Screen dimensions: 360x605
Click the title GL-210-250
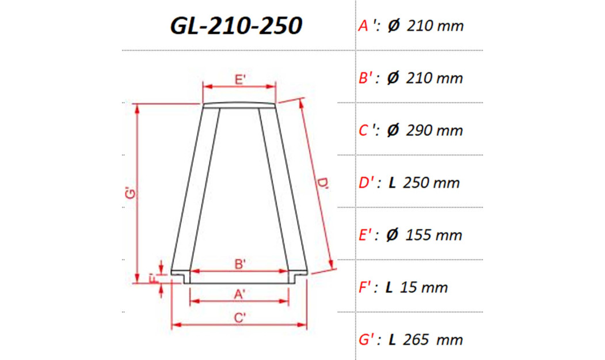pos(236,25)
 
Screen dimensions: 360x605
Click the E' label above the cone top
pos(240,80)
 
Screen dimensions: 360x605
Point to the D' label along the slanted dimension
pos(323,184)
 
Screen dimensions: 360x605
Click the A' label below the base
pos(240,294)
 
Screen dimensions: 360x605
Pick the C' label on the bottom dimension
pos(240,317)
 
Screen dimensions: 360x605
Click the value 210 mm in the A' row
pos(435,26)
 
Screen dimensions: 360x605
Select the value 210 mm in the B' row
pos(435,78)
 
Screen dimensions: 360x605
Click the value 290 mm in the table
pos(435,131)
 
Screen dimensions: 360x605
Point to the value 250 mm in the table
pos(432,183)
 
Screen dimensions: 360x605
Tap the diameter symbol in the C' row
pos(393,131)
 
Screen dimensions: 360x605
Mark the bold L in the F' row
pos(390,287)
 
